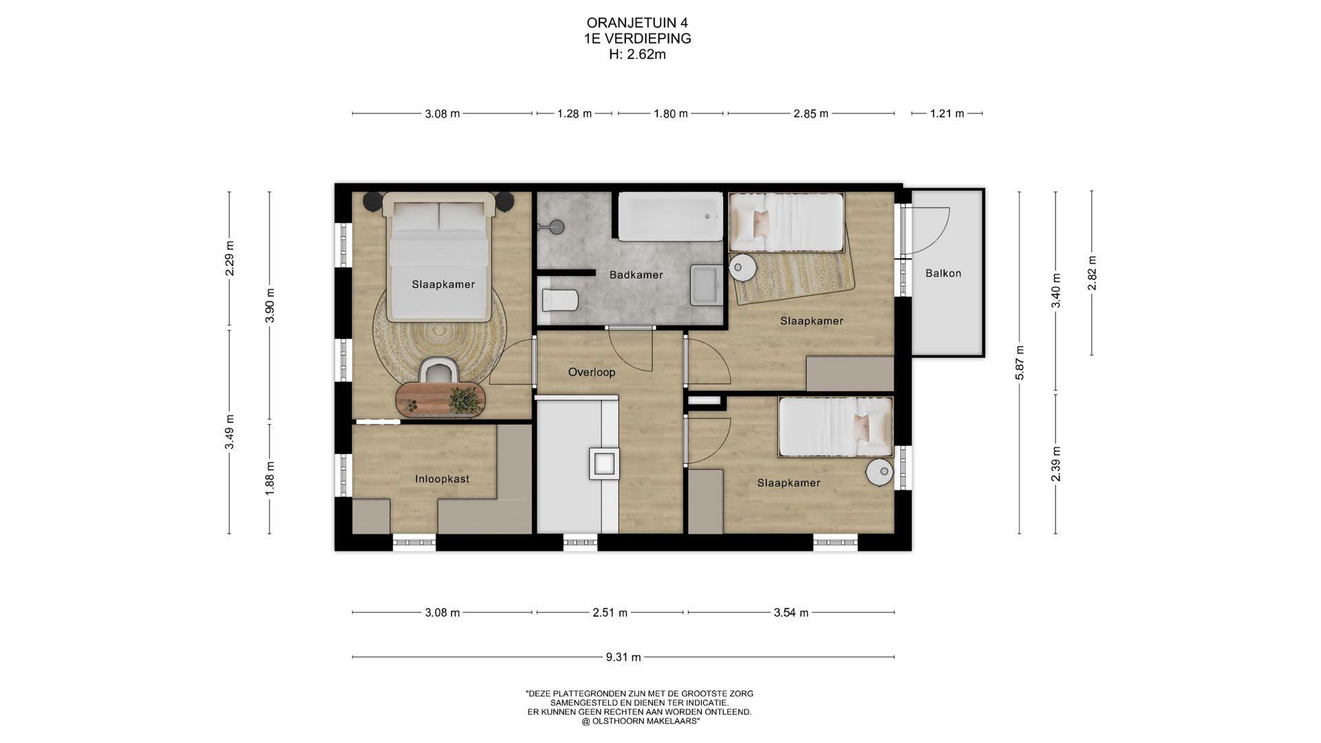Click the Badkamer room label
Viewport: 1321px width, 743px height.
click(x=636, y=275)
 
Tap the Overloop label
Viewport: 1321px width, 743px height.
click(x=591, y=373)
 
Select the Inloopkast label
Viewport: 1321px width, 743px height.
click(x=442, y=479)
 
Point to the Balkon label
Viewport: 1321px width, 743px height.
click(x=943, y=273)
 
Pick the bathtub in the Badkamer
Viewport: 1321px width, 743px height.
click(x=669, y=217)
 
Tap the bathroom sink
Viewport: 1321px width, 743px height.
click(x=706, y=283)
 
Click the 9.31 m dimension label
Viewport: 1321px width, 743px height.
click(x=623, y=657)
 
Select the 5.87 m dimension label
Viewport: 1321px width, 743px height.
click(x=1020, y=362)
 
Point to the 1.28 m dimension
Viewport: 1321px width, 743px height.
click(x=574, y=114)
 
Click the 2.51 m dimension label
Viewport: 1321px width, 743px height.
click(x=610, y=612)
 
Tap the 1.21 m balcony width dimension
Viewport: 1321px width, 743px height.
click(x=947, y=114)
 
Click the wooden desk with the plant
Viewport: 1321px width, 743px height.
click(x=441, y=399)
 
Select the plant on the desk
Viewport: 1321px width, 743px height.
click(x=464, y=399)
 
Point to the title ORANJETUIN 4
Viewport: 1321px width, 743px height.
click(x=637, y=23)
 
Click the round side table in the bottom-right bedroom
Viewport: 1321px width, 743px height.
click(x=879, y=472)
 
